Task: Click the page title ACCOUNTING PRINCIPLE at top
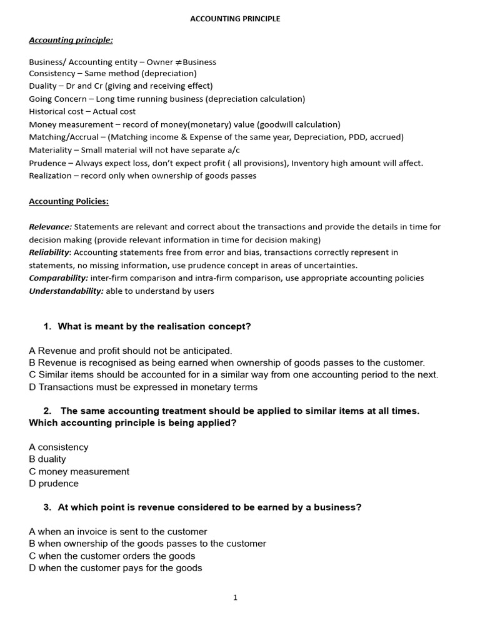235,19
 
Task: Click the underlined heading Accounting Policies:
69,201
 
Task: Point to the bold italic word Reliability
49,252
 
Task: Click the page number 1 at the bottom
235,597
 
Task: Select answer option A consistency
59,447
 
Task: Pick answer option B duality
47,459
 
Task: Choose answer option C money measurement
79,472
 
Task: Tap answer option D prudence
54,484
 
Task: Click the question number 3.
47,507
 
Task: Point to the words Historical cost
56,111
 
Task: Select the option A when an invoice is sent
118,532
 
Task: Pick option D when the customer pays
116,568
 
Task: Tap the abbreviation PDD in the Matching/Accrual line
357,137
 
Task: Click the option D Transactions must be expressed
143,387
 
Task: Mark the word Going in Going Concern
40,99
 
